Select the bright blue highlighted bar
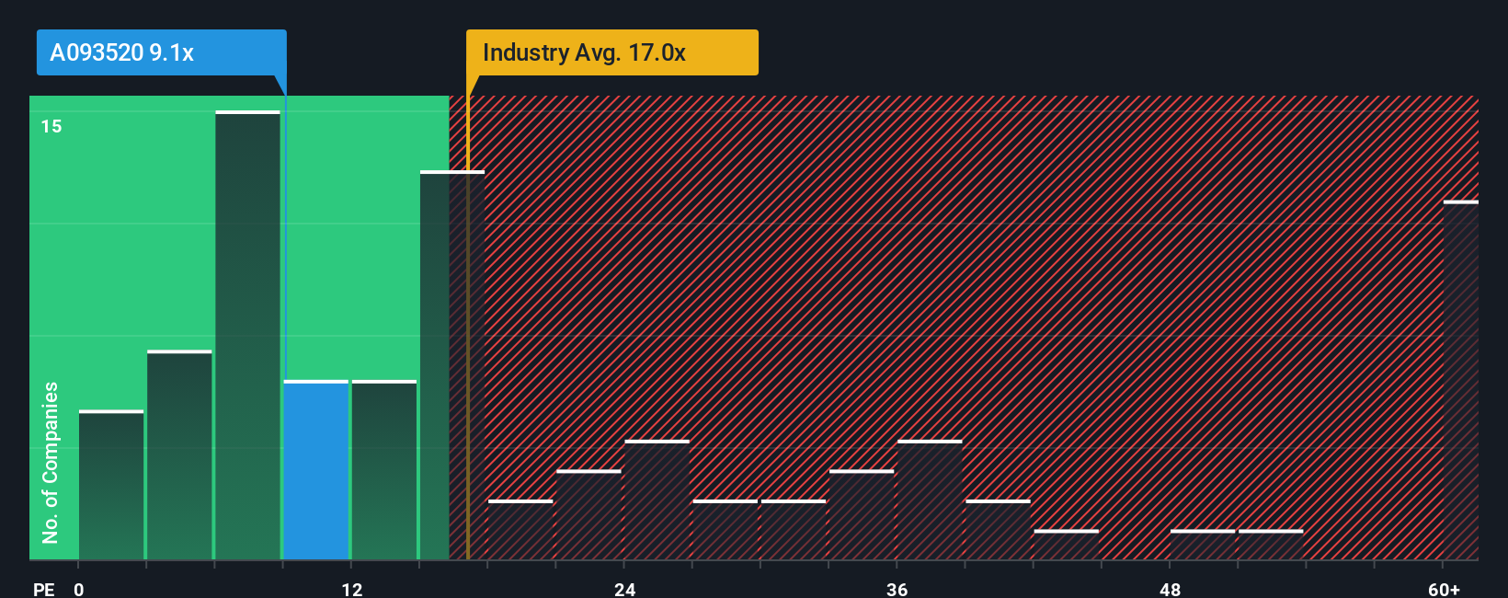316,470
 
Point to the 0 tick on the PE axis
79,590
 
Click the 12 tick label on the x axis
352,590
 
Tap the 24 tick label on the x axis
625,590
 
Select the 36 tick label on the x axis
897,590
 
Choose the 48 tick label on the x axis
1170,590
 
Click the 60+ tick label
1444,590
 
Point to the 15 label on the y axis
51,126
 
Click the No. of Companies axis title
51,462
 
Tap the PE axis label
43,590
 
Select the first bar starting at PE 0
111,485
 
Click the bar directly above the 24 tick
657,500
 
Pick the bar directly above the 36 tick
930,500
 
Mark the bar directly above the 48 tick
1203,545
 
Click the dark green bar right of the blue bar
384,470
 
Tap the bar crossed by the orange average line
452,365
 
